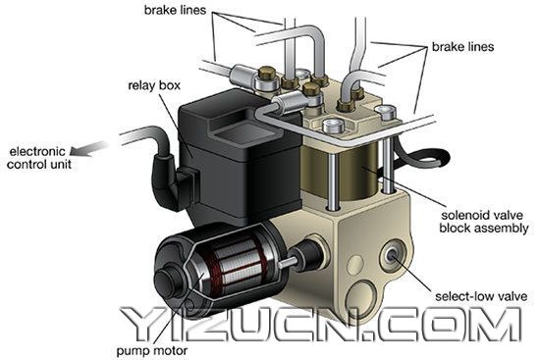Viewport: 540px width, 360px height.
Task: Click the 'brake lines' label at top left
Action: coord(175,11)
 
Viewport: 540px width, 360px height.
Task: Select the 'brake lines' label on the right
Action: coord(462,47)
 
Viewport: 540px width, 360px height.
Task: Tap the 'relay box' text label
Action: coord(154,85)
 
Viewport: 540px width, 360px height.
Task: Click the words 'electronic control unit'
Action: coord(38,158)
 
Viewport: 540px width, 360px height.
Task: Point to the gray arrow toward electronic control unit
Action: coord(89,148)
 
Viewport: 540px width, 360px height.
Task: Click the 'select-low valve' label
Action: coord(481,296)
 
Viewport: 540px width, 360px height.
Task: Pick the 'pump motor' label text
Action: coord(152,351)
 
